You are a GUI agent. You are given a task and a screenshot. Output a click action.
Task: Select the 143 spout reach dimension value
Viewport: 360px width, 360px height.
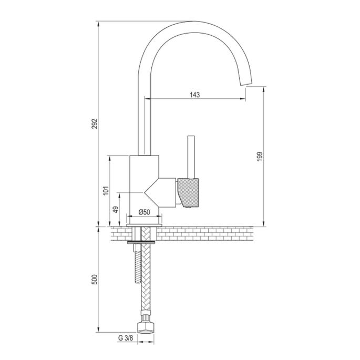[195, 95]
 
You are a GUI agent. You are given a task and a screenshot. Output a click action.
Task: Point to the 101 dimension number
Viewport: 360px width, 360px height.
[106, 190]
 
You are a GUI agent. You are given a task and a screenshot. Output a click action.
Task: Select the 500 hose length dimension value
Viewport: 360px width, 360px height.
[95, 280]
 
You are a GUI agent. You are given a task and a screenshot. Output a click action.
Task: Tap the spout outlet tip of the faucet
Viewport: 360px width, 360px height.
[245, 84]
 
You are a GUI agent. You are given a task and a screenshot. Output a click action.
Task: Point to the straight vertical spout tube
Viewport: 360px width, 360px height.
[144, 116]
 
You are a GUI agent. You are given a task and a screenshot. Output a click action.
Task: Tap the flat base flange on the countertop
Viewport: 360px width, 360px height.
[144, 225]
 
